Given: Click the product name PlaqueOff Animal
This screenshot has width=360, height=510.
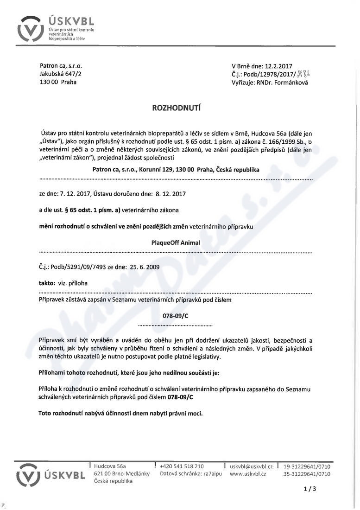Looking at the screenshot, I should (x=176, y=242).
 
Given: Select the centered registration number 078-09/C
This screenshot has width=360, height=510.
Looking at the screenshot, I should (x=176, y=315).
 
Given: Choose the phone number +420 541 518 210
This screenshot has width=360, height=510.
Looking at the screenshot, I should (x=182, y=466).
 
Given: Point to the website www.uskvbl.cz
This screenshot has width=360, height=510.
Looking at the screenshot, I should (x=248, y=474).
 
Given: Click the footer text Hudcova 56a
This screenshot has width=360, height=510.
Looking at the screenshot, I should (x=110, y=466).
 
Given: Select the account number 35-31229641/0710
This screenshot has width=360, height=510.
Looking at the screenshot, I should (x=307, y=474).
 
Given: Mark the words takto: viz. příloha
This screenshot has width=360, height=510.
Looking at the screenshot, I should (x=63, y=283).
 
